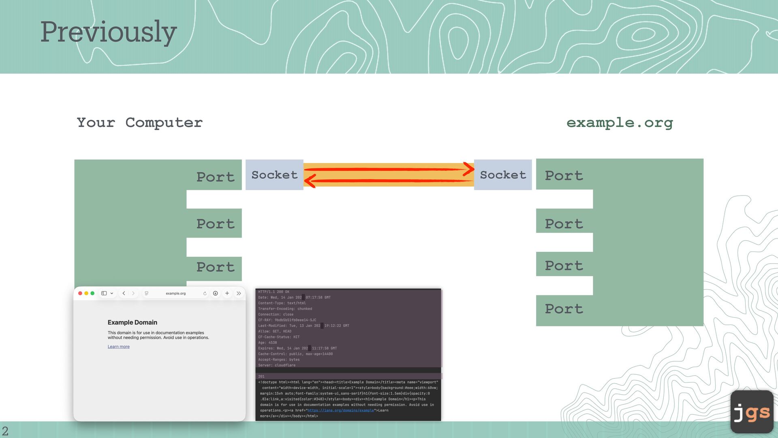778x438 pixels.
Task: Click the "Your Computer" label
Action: click(139, 122)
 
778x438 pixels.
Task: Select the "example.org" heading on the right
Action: click(620, 122)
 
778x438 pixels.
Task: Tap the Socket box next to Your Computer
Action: click(274, 175)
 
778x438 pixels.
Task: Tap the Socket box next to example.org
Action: click(503, 175)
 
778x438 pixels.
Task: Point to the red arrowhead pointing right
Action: click(469, 169)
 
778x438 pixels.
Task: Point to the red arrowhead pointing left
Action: click(310, 181)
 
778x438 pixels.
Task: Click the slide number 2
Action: click(5, 431)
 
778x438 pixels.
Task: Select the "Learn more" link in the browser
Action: click(119, 347)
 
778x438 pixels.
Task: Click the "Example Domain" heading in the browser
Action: click(133, 322)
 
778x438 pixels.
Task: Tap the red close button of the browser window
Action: click(80, 293)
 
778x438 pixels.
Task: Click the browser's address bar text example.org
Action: click(175, 293)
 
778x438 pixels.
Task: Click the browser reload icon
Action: click(205, 293)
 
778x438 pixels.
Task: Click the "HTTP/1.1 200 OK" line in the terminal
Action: click(274, 292)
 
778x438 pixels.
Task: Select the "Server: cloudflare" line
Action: click(277, 365)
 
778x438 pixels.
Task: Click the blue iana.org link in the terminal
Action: click(340, 410)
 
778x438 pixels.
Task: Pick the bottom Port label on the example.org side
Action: click(564, 309)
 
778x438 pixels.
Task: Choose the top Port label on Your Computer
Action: click(215, 177)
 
